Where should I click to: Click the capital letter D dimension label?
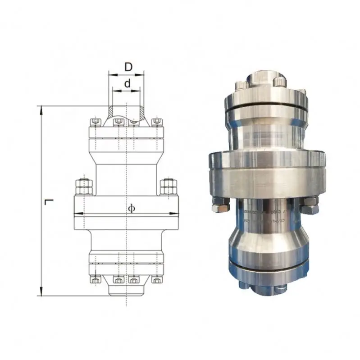click(x=128, y=67)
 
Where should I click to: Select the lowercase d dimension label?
click(x=128, y=83)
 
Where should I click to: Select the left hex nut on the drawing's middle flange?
click(x=84, y=186)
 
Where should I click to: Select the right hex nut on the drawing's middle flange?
click(x=169, y=186)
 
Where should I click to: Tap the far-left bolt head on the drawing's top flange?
click(x=95, y=122)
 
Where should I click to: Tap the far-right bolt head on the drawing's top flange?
click(x=157, y=122)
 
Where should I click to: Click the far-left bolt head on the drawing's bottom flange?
click(x=95, y=279)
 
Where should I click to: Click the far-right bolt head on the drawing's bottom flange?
click(x=157, y=279)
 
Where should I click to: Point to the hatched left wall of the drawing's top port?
click(x=111, y=111)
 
